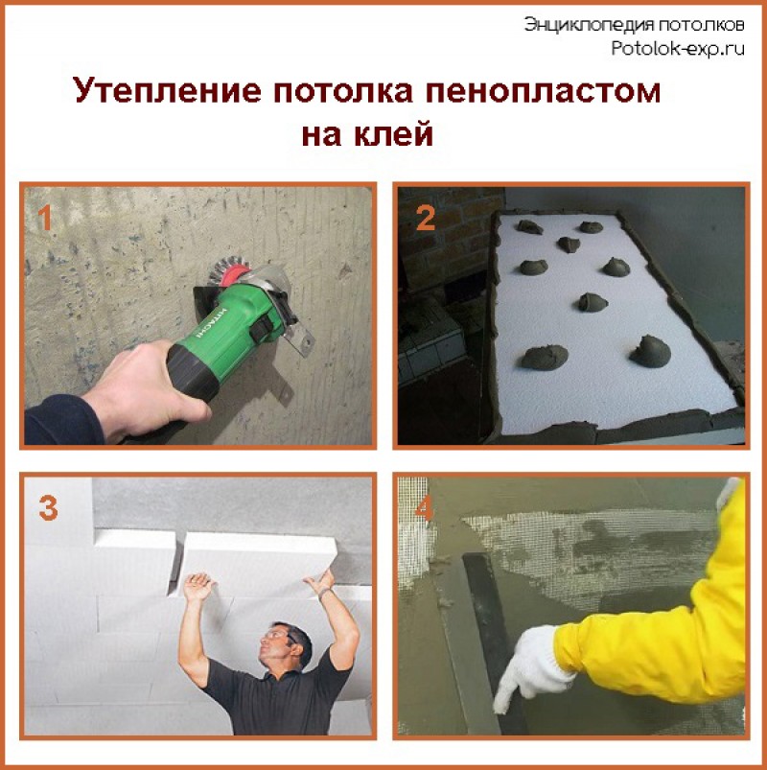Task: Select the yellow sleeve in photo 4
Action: tap(662, 614)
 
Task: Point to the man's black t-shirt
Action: tap(273, 705)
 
